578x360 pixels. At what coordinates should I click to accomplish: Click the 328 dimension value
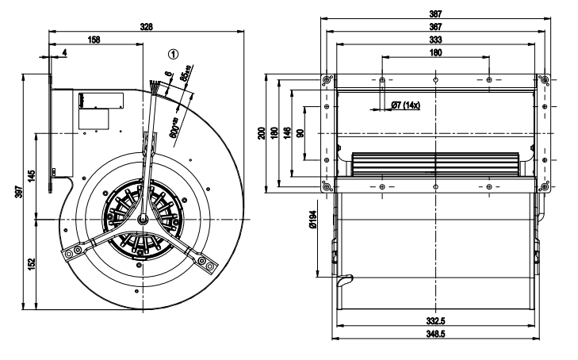[147, 26]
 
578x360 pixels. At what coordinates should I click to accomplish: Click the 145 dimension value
[31, 176]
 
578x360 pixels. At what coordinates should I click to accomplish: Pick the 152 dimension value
[31, 263]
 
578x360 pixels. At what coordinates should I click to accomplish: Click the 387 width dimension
[435, 13]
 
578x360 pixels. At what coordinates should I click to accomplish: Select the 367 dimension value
[435, 26]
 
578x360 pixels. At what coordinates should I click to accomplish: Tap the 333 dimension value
[435, 39]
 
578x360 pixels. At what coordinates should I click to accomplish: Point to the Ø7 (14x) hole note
[405, 105]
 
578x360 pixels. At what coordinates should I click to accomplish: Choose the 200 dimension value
[264, 132]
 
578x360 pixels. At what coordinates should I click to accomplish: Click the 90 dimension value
[299, 132]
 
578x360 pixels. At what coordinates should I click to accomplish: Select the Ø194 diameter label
[314, 215]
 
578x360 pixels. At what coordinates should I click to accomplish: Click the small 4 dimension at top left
[64, 52]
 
